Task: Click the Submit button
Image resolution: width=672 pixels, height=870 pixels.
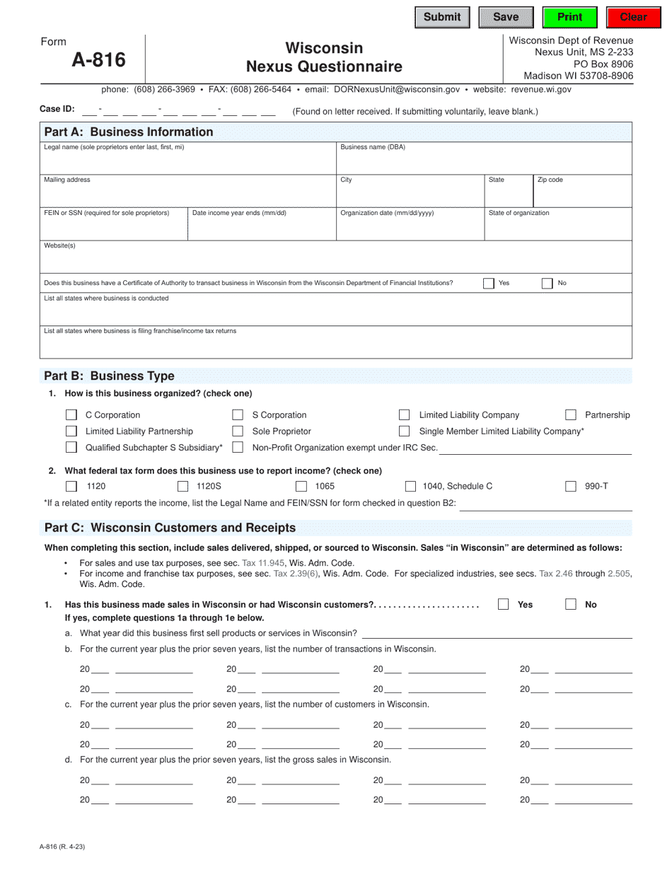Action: tap(442, 18)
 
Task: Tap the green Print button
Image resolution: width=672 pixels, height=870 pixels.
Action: tap(570, 18)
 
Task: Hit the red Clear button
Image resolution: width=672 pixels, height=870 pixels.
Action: tap(633, 18)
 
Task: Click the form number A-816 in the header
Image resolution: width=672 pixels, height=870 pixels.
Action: tap(98, 61)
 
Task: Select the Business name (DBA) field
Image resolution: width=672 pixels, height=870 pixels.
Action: tap(483, 161)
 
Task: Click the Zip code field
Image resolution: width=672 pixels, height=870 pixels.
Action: tap(581, 193)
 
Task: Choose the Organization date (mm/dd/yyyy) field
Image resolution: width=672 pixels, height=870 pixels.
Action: tap(409, 226)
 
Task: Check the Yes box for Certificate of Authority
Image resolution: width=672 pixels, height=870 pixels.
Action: tap(489, 284)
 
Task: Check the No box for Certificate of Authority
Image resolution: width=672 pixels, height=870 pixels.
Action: tap(547, 284)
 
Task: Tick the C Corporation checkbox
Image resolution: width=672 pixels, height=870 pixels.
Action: tap(71, 415)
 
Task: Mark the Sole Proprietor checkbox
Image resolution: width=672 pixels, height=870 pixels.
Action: tap(238, 431)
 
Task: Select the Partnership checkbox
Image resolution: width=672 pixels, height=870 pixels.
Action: tap(571, 415)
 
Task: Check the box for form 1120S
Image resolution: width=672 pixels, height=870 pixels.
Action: tap(183, 487)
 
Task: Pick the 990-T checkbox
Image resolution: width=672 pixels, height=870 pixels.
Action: tap(571, 487)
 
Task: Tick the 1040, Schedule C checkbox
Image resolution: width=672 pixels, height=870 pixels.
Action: tap(410, 487)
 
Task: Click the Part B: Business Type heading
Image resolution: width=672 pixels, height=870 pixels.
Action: tap(109, 376)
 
